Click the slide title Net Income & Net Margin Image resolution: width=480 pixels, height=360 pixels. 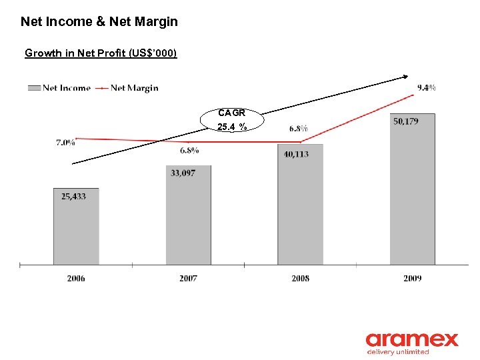coord(99,21)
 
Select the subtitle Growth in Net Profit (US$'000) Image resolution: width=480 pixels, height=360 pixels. coord(101,53)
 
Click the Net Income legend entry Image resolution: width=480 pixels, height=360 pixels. coord(60,87)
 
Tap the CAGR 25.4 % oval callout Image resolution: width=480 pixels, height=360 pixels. coord(232,120)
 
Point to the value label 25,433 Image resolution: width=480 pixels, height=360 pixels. coord(73,196)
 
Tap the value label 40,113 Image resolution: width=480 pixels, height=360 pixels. coord(296,154)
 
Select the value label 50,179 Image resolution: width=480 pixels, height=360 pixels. coord(406,121)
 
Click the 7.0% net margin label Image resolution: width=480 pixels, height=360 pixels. coord(65,142)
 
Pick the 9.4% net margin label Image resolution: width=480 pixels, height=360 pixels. coord(427,87)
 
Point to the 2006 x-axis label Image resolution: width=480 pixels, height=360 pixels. coord(76,278)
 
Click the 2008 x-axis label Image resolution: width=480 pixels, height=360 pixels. coord(300,278)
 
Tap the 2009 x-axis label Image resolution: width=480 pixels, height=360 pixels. coord(412,278)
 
